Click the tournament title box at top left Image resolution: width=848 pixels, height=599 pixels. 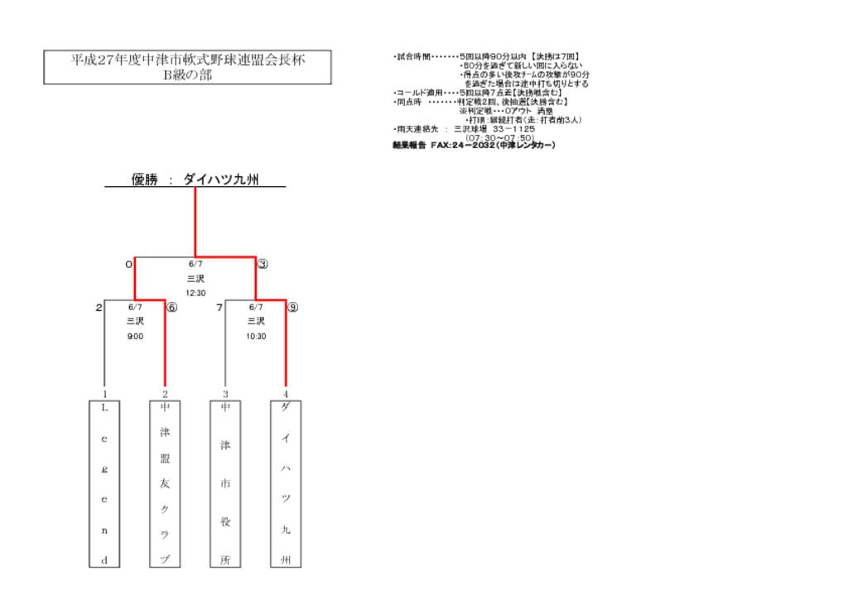[x=187, y=67]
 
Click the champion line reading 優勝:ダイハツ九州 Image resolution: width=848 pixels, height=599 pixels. [x=195, y=179]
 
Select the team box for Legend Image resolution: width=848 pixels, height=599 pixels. [x=104, y=484]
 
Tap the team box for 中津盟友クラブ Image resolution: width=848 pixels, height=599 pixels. [x=165, y=484]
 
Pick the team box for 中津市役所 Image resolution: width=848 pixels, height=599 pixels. [x=225, y=484]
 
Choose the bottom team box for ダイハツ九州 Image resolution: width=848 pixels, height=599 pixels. [x=286, y=484]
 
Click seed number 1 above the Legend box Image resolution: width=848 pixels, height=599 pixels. [x=104, y=395]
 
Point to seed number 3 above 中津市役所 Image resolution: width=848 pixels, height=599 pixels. [x=225, y=395]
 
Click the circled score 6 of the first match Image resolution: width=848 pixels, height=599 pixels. [x=172, y=308]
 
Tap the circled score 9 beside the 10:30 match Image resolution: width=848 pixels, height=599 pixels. [x=292, y=308]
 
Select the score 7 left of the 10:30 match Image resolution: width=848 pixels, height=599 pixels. [x=219, y=308]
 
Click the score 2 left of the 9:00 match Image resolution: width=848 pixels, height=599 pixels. [x=99, y=308]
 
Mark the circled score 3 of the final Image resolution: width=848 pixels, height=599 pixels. [x=263, y=265]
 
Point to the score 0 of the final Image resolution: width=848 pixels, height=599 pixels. [x=128, y=265]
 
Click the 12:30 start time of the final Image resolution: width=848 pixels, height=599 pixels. [x=195, y=293]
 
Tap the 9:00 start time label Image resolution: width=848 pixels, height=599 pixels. [x=135, y=337]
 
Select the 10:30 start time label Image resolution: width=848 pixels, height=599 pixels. [x=256, y=337]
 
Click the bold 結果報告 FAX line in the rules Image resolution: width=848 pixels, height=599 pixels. [x=474, y=145]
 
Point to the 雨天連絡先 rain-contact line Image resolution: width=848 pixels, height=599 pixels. [x=464, y=129]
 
